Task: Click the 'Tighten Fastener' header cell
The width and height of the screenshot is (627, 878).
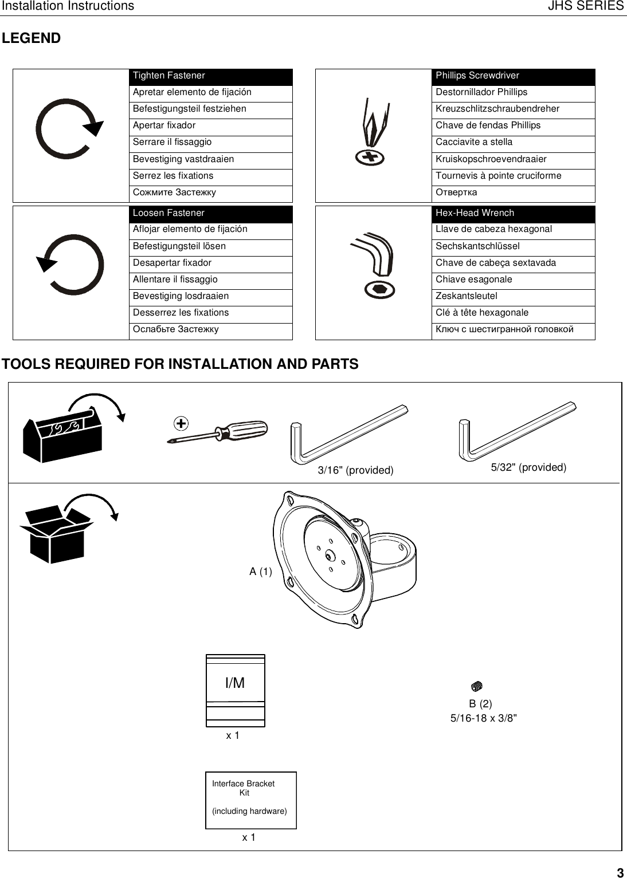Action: pos(210,76)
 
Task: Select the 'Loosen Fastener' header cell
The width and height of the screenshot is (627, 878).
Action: pos(210,214)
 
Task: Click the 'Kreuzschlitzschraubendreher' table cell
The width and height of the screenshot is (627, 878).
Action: pos(513,109)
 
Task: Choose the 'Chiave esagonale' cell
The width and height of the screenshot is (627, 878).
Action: pos(513,280)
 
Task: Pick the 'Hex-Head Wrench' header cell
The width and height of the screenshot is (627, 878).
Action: pos(513,214)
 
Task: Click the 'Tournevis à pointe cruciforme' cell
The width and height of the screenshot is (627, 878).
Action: pos(513,176)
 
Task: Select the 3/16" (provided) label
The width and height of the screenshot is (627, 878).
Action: pos(355,471)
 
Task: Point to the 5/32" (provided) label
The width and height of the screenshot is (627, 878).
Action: pos(528,468)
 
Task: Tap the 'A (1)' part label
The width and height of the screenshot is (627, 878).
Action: pos(261,572)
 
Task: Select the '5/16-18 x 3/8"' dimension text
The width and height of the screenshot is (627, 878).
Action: pos(484,718)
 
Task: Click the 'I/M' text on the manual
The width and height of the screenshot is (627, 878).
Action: pos(235,683)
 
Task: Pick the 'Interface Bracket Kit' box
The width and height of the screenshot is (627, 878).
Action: pos(250,800)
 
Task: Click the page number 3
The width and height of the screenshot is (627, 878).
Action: pos(620,873)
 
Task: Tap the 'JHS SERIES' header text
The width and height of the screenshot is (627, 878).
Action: pos(585,6)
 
